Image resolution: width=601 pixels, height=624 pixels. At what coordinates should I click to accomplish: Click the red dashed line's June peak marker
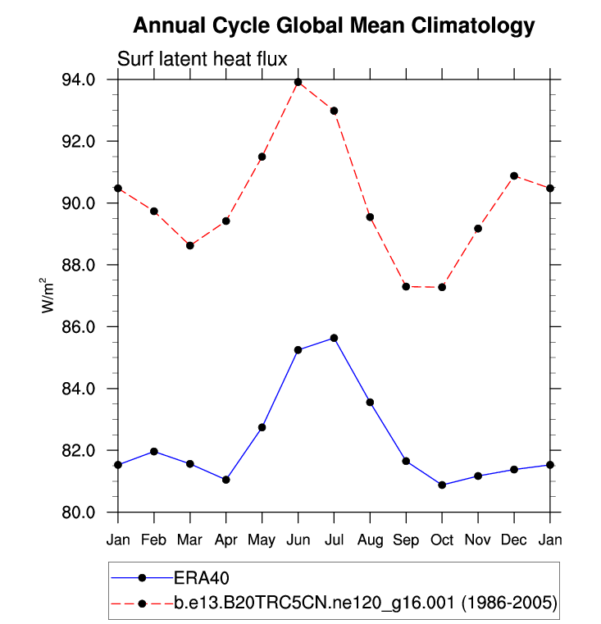point(298,82)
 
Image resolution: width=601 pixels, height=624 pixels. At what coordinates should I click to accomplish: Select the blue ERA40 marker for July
point(334,338)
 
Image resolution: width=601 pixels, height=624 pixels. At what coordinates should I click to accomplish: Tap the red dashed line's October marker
point(442,287)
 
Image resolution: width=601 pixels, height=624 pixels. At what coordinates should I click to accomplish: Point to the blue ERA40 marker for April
point(226,480)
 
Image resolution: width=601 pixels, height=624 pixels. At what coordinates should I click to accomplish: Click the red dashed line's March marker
point(190,245)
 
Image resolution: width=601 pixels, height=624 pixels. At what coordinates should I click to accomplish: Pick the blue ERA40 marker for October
point(442,485)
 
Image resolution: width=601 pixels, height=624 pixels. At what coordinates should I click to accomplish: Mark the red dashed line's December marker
point(514,175)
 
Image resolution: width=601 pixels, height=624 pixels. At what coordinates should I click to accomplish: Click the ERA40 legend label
point(200,577)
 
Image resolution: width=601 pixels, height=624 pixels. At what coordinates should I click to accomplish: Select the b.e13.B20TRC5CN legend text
point(365,604)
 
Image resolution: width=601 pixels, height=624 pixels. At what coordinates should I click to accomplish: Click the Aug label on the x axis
point(370,540)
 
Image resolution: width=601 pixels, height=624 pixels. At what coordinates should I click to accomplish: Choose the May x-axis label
point(262,540)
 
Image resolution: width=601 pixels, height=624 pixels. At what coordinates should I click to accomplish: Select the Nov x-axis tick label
point(478,540)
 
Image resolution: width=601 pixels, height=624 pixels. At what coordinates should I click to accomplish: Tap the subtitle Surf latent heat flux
point(201,58)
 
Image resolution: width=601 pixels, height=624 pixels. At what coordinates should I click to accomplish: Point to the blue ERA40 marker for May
point(262,427)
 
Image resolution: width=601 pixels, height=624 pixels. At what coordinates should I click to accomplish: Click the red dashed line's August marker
point(370,217)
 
